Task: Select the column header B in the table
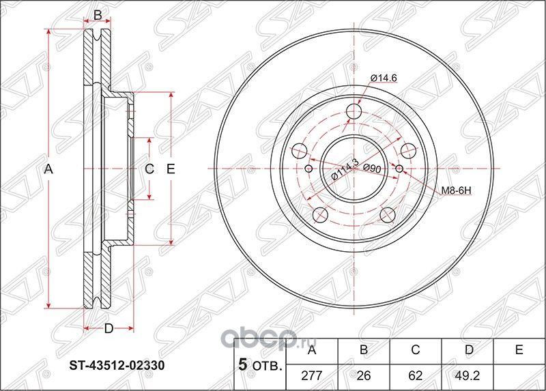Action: point(364,350)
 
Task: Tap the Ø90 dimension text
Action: point(372,168)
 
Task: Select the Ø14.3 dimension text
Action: point(345,169)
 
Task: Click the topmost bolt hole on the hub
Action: point(354,112)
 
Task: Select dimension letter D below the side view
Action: point(108,329)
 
